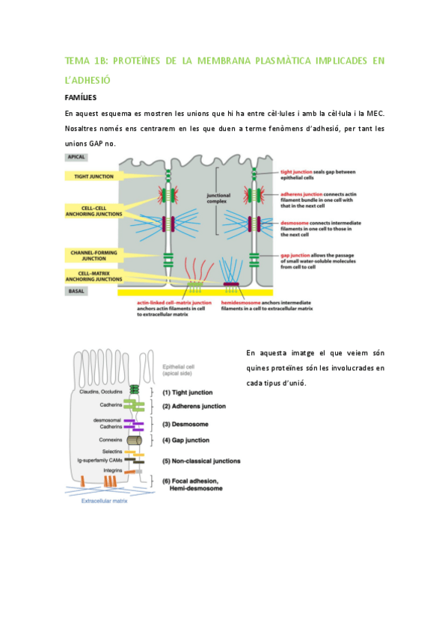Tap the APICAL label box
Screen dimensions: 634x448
pyautogui.click(x=76, y=158)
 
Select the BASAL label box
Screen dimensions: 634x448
pyautogui.click(x=76, y=290)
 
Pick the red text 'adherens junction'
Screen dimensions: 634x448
pyautogui.click(x=300, y=194)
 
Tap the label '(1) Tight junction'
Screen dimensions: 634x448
pyautogui.click(x=187, y=392)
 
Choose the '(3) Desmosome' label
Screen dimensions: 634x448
pyautogui.click(x=184, y=424)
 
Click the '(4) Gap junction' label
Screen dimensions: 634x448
pyautogui.click(x=186, y=440)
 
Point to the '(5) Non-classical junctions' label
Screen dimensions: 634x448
pyautogui.click(x=197, y=460)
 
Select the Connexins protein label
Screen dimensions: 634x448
pyautogui.click(x=110, y=440)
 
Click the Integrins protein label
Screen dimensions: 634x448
pyautogui.click(x=112, y=470)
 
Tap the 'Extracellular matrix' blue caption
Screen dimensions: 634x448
pyautogui.click(x=104, y=501)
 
